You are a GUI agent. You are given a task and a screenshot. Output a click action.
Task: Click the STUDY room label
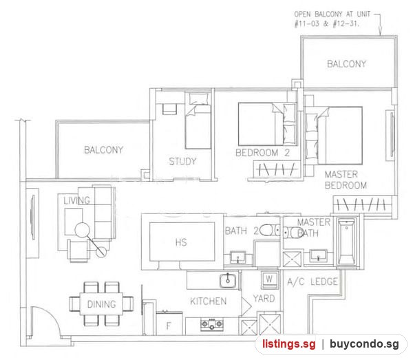pyautogui.click(x=182, y=161)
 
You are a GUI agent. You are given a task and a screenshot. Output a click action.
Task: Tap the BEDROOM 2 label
pyautogui.click(x=262, y=153)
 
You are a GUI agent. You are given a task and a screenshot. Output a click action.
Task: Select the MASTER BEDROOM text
pyautogui.click(x=346, y=180)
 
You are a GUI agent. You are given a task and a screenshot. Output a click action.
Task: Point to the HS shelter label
pyautogui.click(x=181, y=242)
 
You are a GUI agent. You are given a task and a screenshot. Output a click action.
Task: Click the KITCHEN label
pyautogui.click(x=208, y=301)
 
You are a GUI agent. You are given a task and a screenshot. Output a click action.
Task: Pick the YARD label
pyautogui.click(x=264, y=298)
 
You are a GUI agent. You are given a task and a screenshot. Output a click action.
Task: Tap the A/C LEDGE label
pyautogui.click(x=313, y=282)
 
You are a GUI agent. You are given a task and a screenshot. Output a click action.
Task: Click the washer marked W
pyautogui.click(x=269, y=279)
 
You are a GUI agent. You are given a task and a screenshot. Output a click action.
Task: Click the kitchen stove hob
pyautogui.click(x=212, y=324)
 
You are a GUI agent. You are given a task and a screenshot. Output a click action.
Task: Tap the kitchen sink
pyautogui.click(x=228, y=281)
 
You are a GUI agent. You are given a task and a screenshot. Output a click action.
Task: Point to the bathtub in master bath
pyautogui.click(x=346, y=241)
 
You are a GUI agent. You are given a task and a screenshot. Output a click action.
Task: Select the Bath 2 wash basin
pyautogui.click(x=238, y=257)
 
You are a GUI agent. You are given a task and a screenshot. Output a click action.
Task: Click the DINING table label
pyautogui.click(x=101, y=304)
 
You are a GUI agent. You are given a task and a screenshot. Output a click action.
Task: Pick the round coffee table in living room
pyautogui.click(x=83, y=230)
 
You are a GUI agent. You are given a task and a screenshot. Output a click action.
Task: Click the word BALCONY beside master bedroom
pyautogui.click(x=346, y=64)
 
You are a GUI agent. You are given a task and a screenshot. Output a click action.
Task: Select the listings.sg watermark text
pyautogui.click(x=288, y=344)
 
